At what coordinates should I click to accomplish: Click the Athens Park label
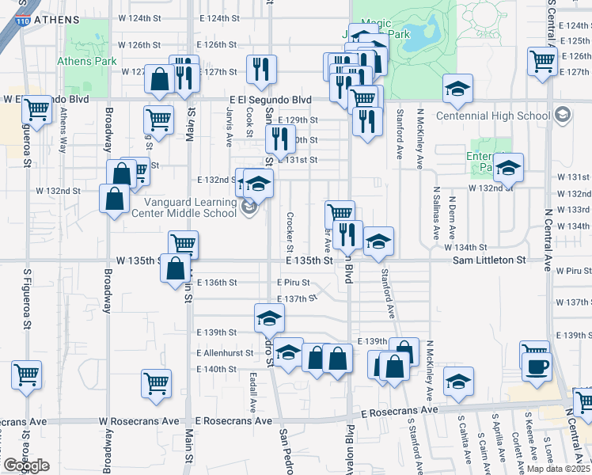click(87, 60)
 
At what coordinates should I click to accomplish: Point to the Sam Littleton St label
click(489, 260)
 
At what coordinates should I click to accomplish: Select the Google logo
click(27, 465)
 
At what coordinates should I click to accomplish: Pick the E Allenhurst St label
click(225, 353)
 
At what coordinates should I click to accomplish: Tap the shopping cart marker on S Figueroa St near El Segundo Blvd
click(36, 110)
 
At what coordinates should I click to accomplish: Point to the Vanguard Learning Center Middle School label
click(202, 207)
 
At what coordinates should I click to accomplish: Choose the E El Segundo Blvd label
click(270, 101)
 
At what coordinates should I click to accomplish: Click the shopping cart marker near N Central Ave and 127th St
click(542, 61)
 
